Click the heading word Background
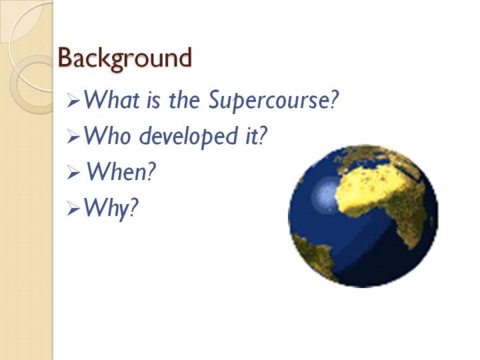click(125, 59)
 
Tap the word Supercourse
click(273, 100)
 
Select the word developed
click(190, 136)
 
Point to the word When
click(121, 172)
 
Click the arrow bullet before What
click(73, 101)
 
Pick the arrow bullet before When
click(73, 173)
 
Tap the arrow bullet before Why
click(73, 209)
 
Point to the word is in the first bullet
click(153, 101)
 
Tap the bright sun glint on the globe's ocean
click(325, 195)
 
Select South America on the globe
click(315, 254)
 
